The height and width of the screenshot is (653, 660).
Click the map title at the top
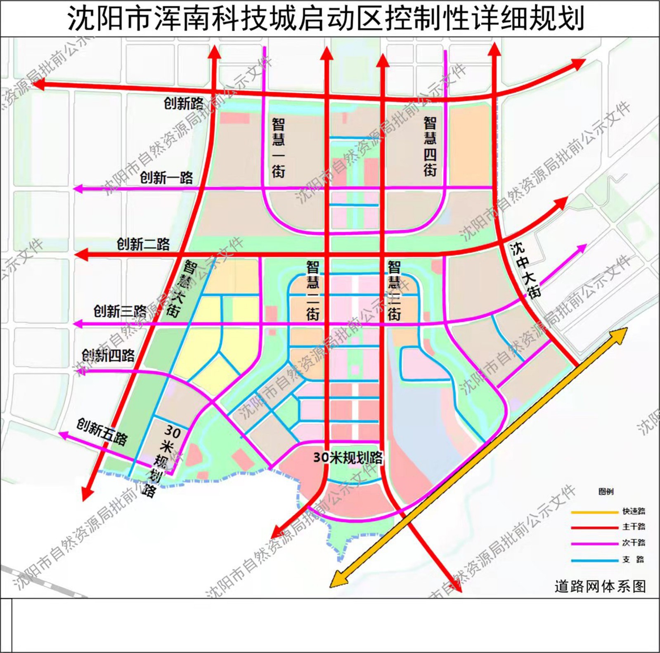(x=325, y=19)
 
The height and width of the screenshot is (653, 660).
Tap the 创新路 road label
(x=184, y=103)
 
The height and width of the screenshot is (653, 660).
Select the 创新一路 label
(x=166, y=178)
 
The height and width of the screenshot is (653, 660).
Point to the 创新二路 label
(x=143, y=244)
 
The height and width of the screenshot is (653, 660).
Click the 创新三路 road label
(x=120, y=311)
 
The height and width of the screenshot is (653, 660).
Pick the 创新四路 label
(x=108, y=355)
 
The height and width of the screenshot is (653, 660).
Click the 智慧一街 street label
(x=278, y=147)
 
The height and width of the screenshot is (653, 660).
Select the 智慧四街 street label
(x=430, y=146)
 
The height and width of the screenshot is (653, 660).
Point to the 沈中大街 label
(x=525, y=270)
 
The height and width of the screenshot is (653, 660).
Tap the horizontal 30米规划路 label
(x=348, y=457)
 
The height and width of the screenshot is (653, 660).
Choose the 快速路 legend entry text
(x=634, y=511)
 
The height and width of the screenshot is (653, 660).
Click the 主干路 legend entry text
(x=634, y=527)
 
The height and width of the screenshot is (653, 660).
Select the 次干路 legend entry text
(x=634, y=543)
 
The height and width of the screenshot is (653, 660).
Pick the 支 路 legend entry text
(x=634, y=559)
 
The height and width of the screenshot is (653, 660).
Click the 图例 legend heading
(x=606, y=491)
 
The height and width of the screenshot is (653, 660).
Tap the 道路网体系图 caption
(x=600, y=586)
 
